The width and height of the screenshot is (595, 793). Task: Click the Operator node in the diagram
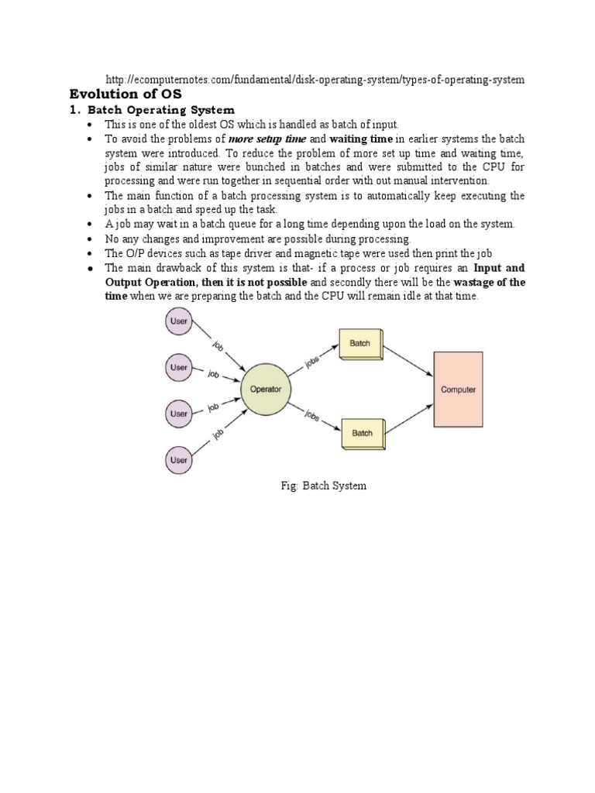point(267,389)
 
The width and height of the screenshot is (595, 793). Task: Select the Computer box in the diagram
point(458,390)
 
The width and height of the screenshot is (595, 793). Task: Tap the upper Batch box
point(360,344)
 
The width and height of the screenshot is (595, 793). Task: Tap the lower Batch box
point(362,434)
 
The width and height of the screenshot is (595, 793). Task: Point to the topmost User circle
point(179,321)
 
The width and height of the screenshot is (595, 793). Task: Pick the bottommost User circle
point(179,460)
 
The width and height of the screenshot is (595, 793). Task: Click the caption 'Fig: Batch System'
point(323,486)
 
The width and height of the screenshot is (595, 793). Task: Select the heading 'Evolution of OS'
point(122,94)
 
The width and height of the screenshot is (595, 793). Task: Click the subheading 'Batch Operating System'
point(160,110)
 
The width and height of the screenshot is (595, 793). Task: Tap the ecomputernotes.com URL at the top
point(315,80)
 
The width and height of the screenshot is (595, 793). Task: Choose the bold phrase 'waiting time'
point(362,139)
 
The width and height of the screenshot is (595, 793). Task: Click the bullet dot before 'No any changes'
point(91,240)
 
